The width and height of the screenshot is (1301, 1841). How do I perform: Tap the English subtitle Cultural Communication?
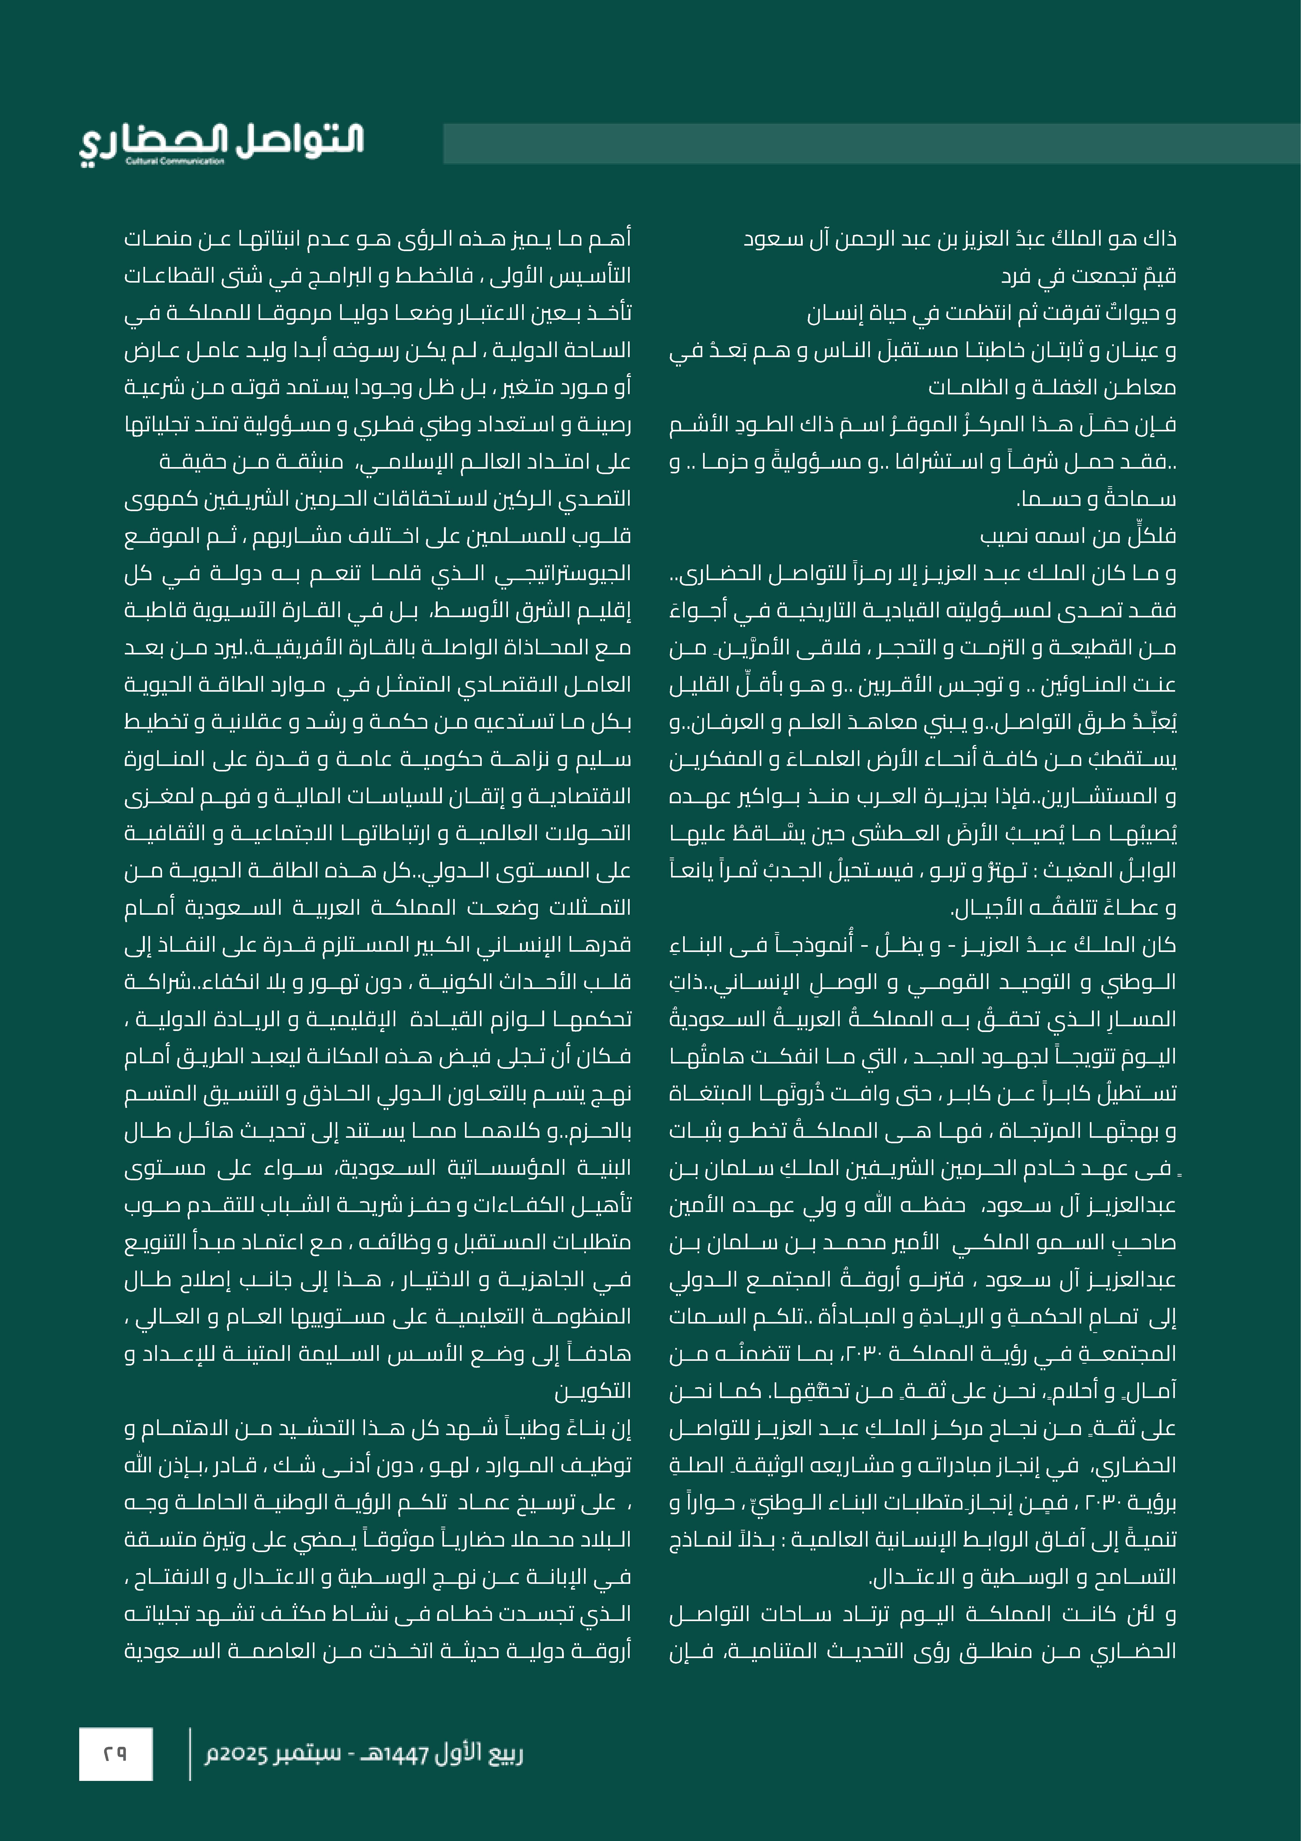tap(175, 161)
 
